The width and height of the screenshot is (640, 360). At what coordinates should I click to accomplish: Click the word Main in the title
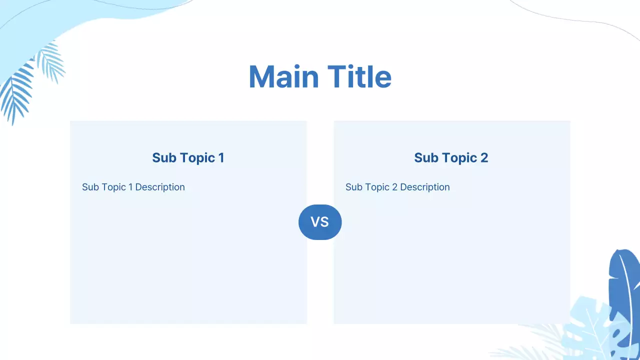[283, 77]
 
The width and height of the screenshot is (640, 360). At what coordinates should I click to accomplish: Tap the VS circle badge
[320, 222]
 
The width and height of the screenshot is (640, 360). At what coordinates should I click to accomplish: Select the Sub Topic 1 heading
[188, 158]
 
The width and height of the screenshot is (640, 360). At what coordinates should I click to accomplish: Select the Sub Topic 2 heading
[451, 158]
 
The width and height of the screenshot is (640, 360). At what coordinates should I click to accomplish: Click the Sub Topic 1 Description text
[133, 187]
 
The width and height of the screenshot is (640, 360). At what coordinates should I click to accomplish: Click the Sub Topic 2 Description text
[397, 187]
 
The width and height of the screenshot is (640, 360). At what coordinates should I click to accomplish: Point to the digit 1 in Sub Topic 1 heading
[221, 158]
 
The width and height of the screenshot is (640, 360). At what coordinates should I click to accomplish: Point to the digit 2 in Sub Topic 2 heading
[483, 158]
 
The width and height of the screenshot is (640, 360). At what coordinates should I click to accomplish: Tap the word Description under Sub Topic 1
[160, 187]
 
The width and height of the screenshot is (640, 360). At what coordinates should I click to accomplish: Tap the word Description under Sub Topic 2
[425, 187]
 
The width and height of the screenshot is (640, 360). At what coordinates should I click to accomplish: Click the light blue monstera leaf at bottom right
[590, 325]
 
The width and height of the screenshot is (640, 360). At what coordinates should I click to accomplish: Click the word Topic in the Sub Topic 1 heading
[197, 158]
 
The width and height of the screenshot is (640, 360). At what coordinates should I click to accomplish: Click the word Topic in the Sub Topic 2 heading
[459, 158]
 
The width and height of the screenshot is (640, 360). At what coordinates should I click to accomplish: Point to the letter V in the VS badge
[315, 222]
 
